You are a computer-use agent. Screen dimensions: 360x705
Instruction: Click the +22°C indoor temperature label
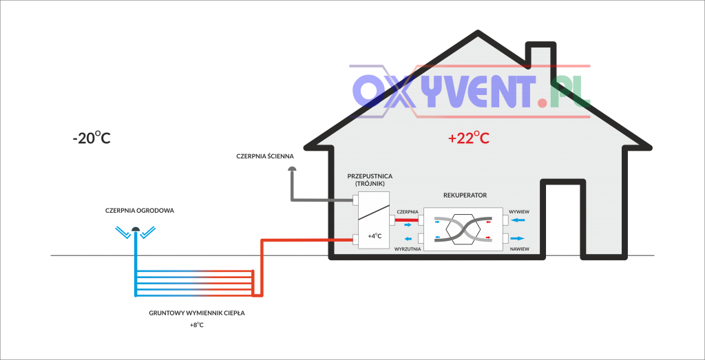[x=468, y=138]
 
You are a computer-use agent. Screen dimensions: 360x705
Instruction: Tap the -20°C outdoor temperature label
[x=92, y=138]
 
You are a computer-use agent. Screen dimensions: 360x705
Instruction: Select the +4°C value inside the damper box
[x=375, y=236]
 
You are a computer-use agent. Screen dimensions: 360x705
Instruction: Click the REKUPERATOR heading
[x=465, y=195]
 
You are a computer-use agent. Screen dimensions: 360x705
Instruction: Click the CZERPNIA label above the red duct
[x=408, y=211]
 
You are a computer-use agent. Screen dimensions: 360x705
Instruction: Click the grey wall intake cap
[x=291, y=167]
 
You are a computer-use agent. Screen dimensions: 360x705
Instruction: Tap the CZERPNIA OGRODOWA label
[x=140, y=210]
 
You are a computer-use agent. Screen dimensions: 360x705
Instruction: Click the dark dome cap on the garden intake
[x=136, y=230]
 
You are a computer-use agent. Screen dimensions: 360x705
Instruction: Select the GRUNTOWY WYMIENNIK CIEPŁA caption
[x=197, y=313]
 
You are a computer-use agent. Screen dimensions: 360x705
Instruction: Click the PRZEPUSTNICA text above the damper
[x=370, y=176]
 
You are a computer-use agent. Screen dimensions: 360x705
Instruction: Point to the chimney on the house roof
[x=540, y=59]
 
